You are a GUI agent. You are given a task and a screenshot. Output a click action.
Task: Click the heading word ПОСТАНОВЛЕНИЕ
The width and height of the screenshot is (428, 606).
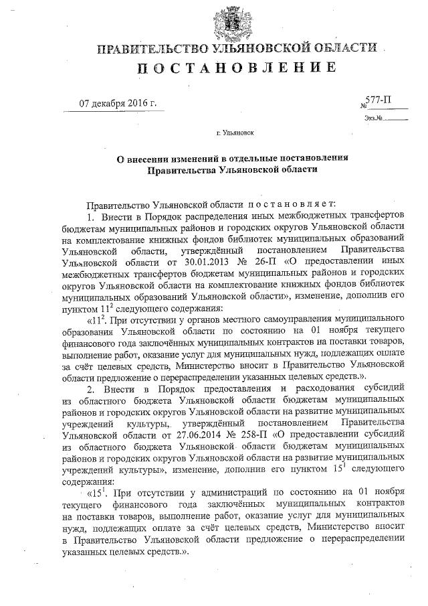point(237,67)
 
